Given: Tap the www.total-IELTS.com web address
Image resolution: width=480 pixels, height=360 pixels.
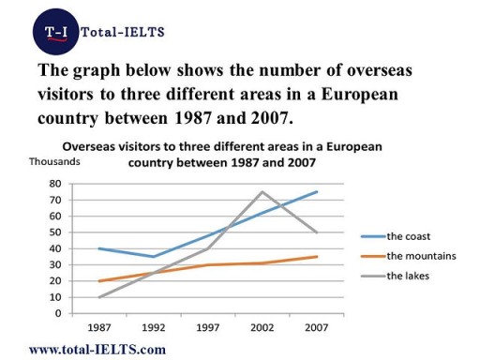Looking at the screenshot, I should click(x=90, y=349).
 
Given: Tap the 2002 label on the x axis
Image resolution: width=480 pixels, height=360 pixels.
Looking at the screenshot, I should click(x=261, y=328).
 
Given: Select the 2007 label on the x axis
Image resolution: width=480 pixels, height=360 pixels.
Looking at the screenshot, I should click(x=315, y=328).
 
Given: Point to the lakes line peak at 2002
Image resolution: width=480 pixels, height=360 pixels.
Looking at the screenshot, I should click(x=261, y=192).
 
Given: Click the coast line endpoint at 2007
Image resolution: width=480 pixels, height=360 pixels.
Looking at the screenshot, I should click(x=316, y=192).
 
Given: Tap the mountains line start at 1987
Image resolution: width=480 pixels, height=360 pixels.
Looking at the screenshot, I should click(x=98, y=280).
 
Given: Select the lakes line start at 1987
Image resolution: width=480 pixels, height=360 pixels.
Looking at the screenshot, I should click(x=98, y=296).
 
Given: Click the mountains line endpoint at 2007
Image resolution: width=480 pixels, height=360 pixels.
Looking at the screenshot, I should click(x=316, y=256).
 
